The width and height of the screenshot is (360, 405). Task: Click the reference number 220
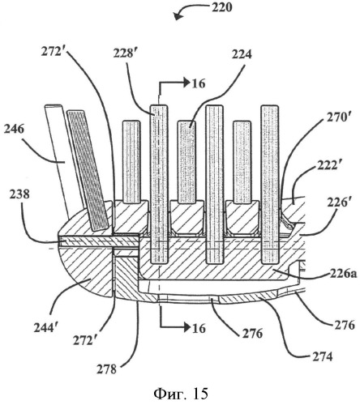point(221,8)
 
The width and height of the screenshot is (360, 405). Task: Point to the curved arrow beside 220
point(189,11)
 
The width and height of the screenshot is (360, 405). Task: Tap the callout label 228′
point(124,53)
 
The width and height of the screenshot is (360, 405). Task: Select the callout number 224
point(242,54)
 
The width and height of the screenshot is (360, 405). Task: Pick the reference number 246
point(14,130)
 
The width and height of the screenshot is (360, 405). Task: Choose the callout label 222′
point(328,165)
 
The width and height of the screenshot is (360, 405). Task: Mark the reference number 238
point(19,194)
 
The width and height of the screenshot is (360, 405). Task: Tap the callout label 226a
point(343,275)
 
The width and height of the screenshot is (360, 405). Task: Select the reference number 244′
point(45,328)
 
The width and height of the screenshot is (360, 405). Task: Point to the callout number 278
point(107,369)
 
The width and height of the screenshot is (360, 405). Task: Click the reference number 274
point(322,357)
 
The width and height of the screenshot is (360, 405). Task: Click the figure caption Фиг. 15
point(181,394)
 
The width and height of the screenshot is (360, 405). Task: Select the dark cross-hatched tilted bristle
point(88,170)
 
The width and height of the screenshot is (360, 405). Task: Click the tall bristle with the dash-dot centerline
point(160,184)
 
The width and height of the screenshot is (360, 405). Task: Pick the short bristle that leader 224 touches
point(186,162)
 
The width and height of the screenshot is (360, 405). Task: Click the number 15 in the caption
point(200,394)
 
